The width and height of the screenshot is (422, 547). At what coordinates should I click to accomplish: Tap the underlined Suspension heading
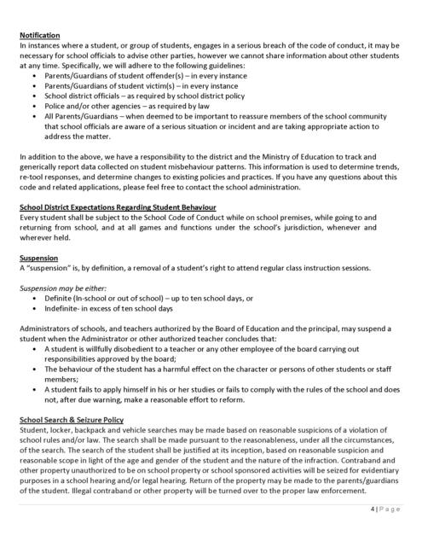click(x=39, y=256)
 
